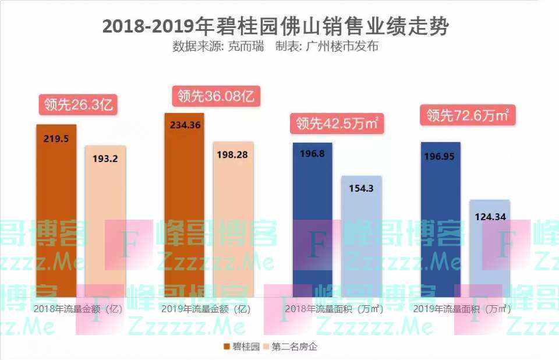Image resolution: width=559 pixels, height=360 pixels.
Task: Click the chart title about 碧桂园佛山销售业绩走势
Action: (276, 26)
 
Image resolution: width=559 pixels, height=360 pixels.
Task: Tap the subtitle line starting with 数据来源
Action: (275, 47)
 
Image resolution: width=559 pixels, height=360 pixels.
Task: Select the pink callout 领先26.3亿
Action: (78, 105)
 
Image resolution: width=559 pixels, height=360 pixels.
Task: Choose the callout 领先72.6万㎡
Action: (468, 115)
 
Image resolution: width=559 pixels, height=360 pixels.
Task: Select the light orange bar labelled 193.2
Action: (105, 221)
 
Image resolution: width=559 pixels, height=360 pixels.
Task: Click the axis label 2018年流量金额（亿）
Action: (78, 309)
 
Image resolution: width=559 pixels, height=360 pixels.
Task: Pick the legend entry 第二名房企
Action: (292, 347)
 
